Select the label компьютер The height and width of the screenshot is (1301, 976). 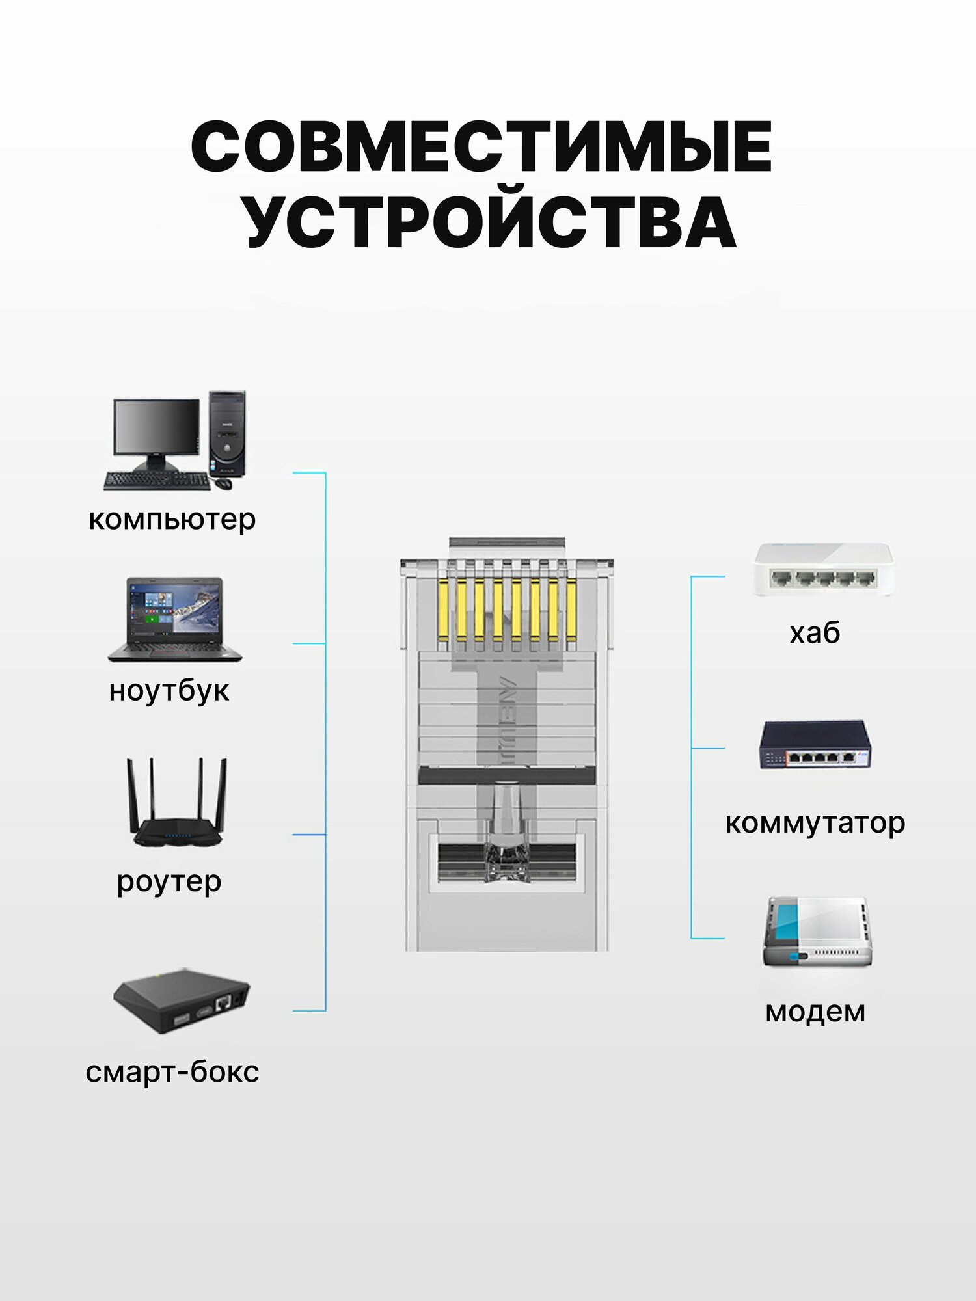point(172,519)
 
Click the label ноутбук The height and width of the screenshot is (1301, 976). point(169,690)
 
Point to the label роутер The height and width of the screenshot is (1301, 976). point(169,881)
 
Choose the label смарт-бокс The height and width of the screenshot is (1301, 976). point(172,1071)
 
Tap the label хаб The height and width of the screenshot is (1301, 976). point(815,632)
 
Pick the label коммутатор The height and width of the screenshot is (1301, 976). point(815,823)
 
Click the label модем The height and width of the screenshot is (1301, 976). point(815,1012)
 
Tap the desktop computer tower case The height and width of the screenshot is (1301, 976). point(227,433)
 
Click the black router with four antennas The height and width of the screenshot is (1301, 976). point(177,807)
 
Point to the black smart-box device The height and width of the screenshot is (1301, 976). point(181,1000)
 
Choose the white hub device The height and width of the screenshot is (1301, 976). point(823,569)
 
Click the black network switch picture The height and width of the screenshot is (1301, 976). point(815,745)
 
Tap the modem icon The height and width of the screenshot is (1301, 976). point(817,932)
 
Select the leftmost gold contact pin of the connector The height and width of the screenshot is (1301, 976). point(443,611)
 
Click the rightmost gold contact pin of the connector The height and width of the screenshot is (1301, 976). point(571,611)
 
